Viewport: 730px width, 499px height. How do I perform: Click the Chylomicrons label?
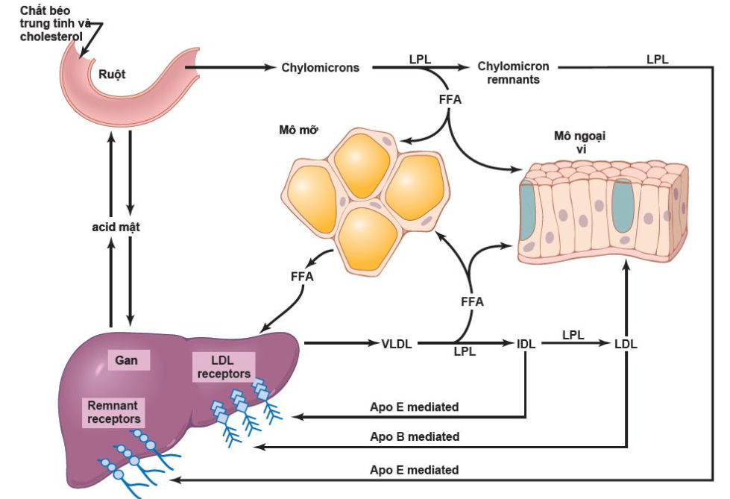[320, 68]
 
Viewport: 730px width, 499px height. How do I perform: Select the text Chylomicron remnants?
[513, 72]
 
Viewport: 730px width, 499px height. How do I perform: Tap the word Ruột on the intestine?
[113, 74]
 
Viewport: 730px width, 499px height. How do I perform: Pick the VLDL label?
[397, 344]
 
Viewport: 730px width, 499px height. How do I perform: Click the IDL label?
[526, 344]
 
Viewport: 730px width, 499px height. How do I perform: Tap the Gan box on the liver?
[128, 361]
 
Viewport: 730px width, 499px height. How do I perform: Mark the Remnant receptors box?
[114, 412]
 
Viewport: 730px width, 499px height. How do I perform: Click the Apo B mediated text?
[415, 436]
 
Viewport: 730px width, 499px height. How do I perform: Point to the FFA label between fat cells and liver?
[302, 277]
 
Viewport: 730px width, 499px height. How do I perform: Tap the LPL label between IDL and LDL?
[573, 335]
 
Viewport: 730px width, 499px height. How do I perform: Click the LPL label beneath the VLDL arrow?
[465, 351]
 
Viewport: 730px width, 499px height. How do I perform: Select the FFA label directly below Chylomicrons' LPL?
[450, 98]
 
